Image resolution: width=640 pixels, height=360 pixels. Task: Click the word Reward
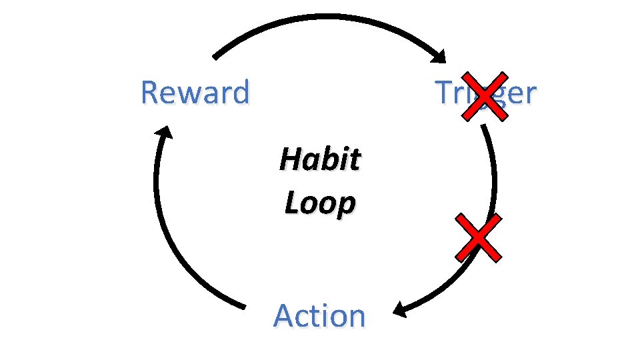click(195, 93)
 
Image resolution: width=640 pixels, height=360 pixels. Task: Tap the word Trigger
click(485, 93)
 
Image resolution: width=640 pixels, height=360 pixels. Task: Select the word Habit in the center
click(320, 160)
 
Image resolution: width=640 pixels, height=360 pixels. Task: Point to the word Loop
click(319, 203)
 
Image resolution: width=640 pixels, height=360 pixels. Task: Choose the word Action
click(319, 315)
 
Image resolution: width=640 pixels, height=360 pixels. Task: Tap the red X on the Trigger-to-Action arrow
click(478, 237)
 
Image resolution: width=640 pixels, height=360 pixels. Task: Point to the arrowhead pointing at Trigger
click(438, 56)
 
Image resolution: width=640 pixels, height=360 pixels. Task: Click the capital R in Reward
click(149, 93)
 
